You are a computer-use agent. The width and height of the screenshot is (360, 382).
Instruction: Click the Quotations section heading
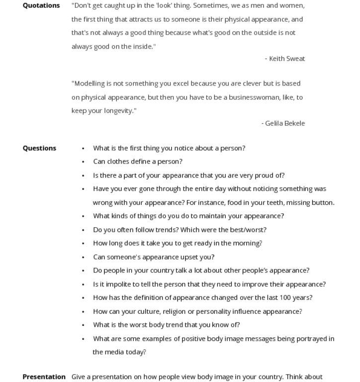(41, 5)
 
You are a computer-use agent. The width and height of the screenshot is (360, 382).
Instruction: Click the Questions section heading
(39, 148)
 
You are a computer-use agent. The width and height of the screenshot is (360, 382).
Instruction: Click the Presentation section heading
(44, 377)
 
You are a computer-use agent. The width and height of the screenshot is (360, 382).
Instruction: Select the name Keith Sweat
(287, 59)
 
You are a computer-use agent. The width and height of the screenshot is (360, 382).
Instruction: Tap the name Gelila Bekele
(285, 123)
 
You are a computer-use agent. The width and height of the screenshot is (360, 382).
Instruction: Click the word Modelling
(88, 84)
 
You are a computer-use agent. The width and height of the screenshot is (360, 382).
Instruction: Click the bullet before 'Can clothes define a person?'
(83, 162)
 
